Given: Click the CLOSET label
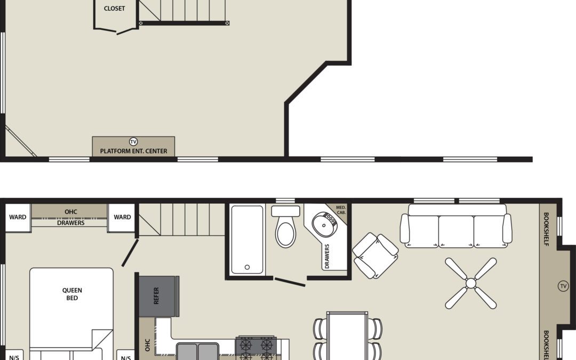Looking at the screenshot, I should pos(115,9).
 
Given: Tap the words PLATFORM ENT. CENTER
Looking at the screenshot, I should pos(133,151).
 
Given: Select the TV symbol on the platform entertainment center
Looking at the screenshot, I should pos(133,142).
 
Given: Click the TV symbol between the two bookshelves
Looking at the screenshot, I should pos(563,286).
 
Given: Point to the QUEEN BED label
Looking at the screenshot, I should pos(72,294).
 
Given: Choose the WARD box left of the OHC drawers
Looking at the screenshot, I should pos(18,218).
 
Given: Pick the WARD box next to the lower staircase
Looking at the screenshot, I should pos(122,218).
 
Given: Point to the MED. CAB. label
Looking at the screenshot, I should pos(340,210).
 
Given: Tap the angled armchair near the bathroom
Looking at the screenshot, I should pos(375,255).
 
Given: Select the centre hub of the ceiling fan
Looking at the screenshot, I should pos(470,283).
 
